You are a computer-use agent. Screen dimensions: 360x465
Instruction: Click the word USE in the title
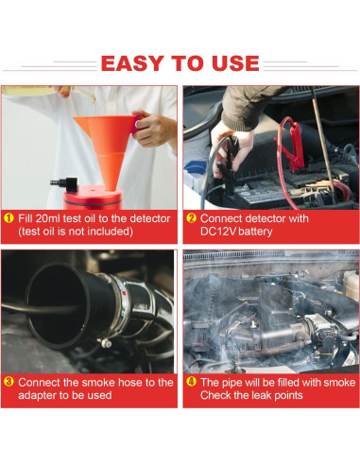pyautogui.click(x=235, y=63)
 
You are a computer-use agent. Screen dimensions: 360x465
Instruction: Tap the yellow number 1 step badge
pyautogui.click(x=9, y=218)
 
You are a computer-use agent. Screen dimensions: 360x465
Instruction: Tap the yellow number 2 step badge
pyautogui.click(x=191, y=218)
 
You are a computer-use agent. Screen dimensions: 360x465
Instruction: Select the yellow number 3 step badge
pyautogui.click(x=9, y=382)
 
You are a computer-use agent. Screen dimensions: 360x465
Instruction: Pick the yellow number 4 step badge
pyautogui.click(x=191, y=382)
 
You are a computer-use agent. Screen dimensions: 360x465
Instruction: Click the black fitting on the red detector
pyautogui.click(x=65, y=184)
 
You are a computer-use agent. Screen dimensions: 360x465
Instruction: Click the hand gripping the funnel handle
pyautogui.click(x=154, y=129)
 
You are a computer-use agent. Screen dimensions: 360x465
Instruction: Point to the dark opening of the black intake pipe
pyautogui.click(x=57, y=305)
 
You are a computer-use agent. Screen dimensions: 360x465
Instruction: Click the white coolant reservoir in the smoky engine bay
pyautogui.click(x=351, y=284)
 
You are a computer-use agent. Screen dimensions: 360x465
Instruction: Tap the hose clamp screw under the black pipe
pyautogui.click(x=106, y=342)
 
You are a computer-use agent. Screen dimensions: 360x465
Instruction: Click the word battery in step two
pyautogui.click(x=255, y=232)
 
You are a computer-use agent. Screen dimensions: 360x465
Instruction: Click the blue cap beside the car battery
pyautogui.click(x=195, y=166)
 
